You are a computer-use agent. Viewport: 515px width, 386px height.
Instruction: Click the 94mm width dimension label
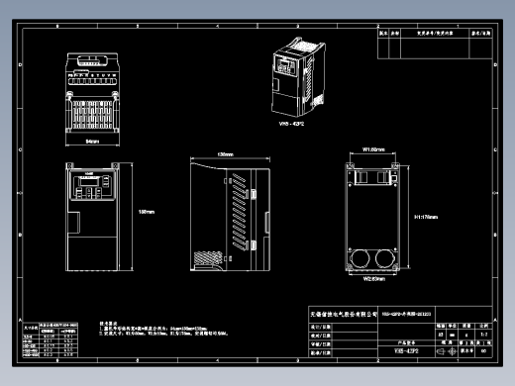pyautogui.click(x=92, y=143)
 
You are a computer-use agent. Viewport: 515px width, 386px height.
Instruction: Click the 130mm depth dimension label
pyautogui.click(x=225, y=155)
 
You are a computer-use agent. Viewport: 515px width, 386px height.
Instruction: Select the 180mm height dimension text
pyautogui.click(x=147, y=212)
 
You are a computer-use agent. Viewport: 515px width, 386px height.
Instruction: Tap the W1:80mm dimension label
pyautogui.click(x=373, y=149)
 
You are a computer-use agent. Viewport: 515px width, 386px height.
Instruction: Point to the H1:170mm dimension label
pyautogui.click(x=426, y=216)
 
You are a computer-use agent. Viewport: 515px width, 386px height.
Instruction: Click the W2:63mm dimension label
pyautogui.click(x=373, y=280)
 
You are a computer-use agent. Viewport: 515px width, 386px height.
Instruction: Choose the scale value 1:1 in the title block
pyautogui.click(x=484, y=334)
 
